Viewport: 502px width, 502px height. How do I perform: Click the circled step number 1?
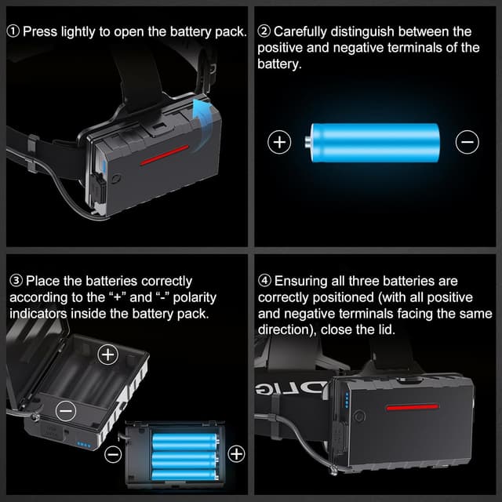(14, 32)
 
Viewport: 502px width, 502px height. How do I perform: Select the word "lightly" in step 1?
(87, 32)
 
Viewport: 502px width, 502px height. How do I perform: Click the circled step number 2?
(264, 32)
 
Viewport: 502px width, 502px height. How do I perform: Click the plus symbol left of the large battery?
(279, 142)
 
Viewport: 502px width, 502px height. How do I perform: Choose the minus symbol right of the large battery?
(467, 142)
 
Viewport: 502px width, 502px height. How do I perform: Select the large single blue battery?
(373, 142)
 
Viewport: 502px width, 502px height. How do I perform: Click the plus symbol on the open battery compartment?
(107, 355)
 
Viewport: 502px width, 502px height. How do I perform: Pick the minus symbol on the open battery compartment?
(67, 409)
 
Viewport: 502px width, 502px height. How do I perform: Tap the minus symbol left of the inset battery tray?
(113, 453)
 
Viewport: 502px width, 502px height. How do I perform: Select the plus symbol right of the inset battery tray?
(235, 453)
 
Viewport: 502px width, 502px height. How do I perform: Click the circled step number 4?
(264, 281)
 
